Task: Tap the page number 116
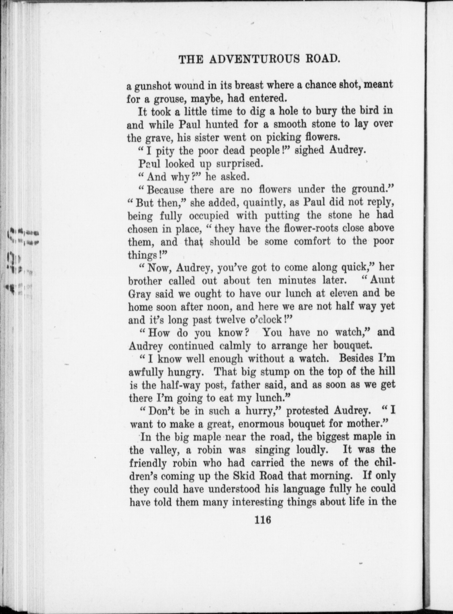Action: point(263,519)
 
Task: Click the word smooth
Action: point(290,125)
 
